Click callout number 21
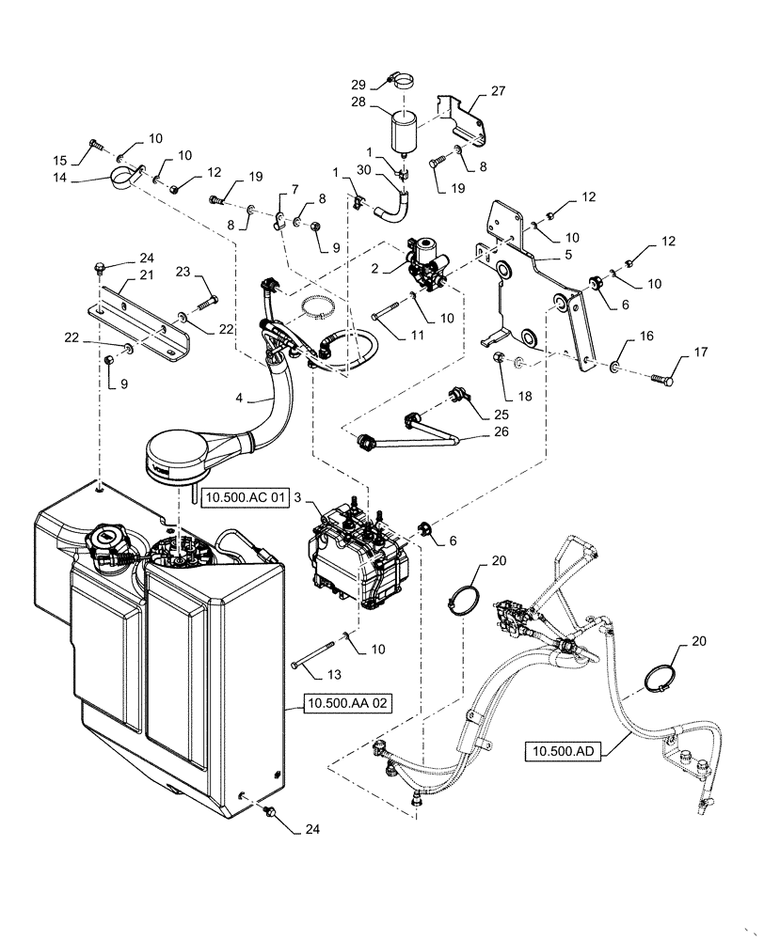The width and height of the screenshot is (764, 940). [145, 274]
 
